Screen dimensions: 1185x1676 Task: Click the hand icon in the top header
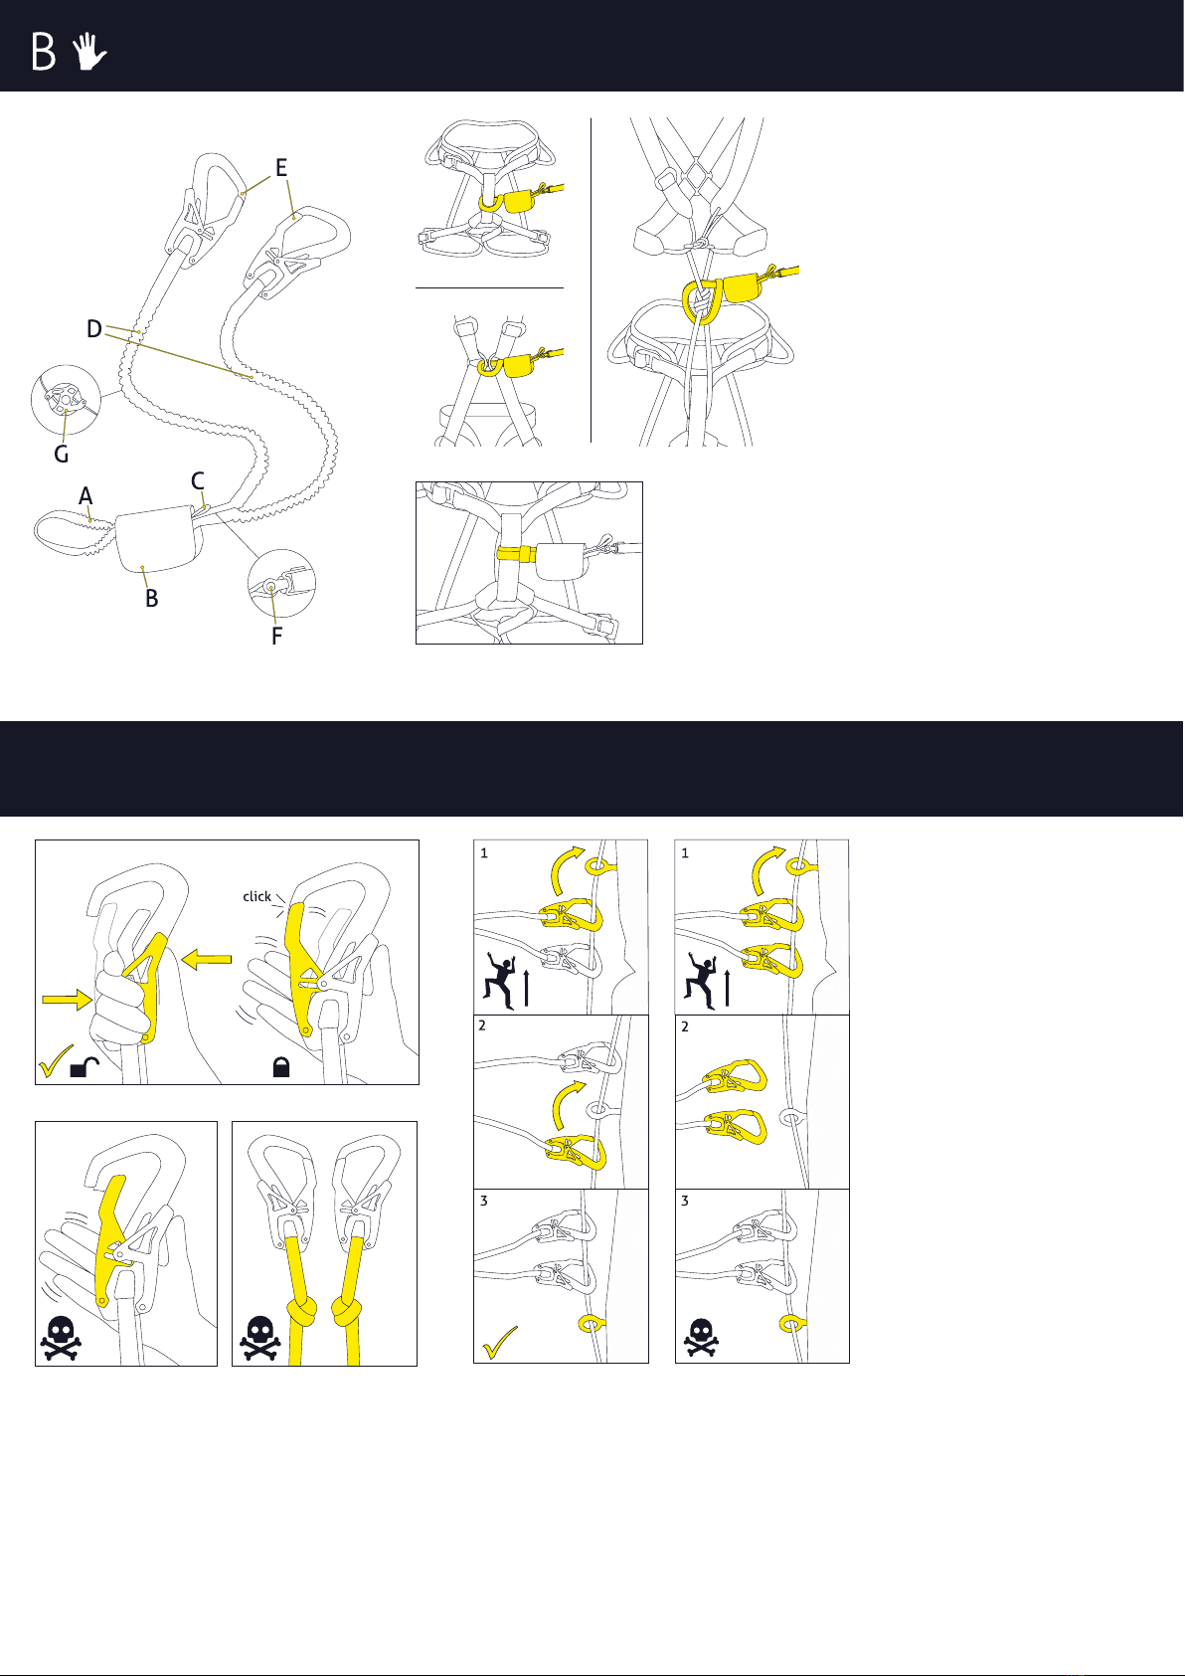point(89,52)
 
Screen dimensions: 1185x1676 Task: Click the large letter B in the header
point(44,52)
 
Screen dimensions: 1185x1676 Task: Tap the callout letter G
point(62,454)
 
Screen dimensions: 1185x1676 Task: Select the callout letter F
point(276,636)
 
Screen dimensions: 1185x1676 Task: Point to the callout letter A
point(85,496)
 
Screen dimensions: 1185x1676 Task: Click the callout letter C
point(198,480)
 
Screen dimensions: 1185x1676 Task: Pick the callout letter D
point(94,328)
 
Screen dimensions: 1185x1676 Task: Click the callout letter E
point(281,167)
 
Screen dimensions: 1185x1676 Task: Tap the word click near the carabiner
point(257,896)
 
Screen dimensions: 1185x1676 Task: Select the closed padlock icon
point(281,1066)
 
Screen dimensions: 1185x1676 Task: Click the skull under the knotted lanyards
point(259,1339)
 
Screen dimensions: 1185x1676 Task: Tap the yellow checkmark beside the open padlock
point(55,1061)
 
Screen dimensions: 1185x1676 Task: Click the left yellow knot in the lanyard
point(300,1311)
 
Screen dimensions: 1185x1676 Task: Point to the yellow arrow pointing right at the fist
point(68,999)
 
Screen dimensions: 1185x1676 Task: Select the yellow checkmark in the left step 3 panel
point(500,1342)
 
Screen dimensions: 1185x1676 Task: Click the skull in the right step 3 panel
point(701,1337)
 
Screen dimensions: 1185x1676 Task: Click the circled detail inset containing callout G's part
point(66,400)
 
